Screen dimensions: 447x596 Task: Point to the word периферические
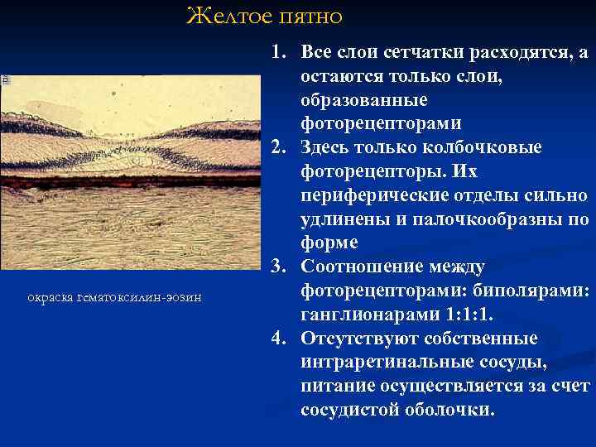click(x=372, y=195)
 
